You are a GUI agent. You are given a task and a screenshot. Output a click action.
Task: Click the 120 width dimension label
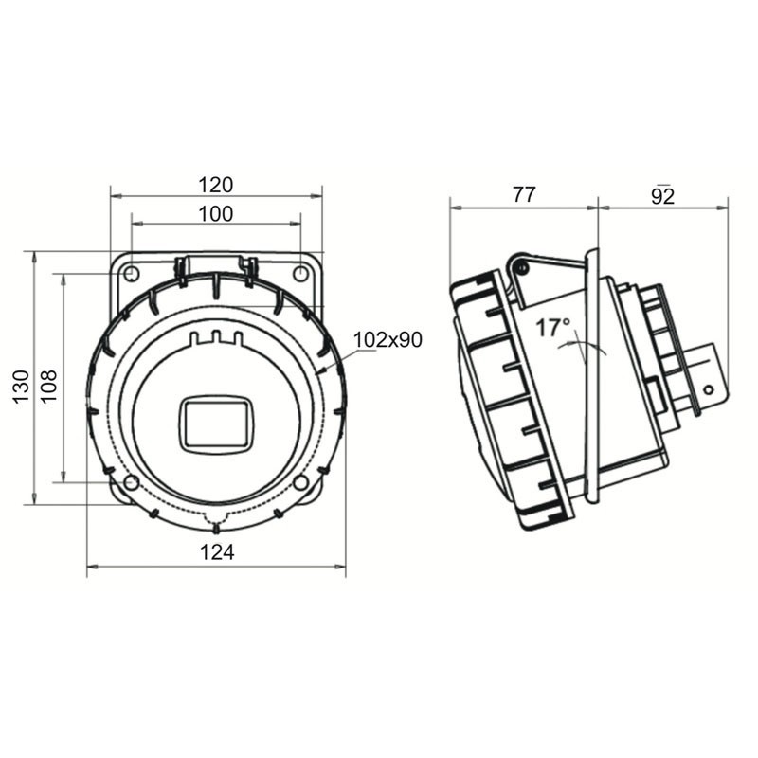click(x=216, y=185)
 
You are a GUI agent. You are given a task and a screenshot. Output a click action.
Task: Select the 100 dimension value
click(x=216, y=214)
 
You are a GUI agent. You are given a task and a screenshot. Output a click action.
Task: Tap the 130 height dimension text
click(x=21, y=387)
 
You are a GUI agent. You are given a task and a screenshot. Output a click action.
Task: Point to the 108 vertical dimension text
click(x=49, y=386)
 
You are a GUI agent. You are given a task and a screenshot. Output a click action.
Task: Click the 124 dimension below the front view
click(x=217, y=552)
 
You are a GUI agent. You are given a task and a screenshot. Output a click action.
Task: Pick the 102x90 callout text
click(x=388, y=340)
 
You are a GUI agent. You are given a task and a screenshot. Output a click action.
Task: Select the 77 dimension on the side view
click(x=524, y=195)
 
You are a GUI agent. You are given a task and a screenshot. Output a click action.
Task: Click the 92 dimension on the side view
click(x=662, y=196)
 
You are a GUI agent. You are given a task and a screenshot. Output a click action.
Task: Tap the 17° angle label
click(x=553, y=328)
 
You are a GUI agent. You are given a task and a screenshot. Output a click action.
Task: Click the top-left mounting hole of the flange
click(x=132, y=274)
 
